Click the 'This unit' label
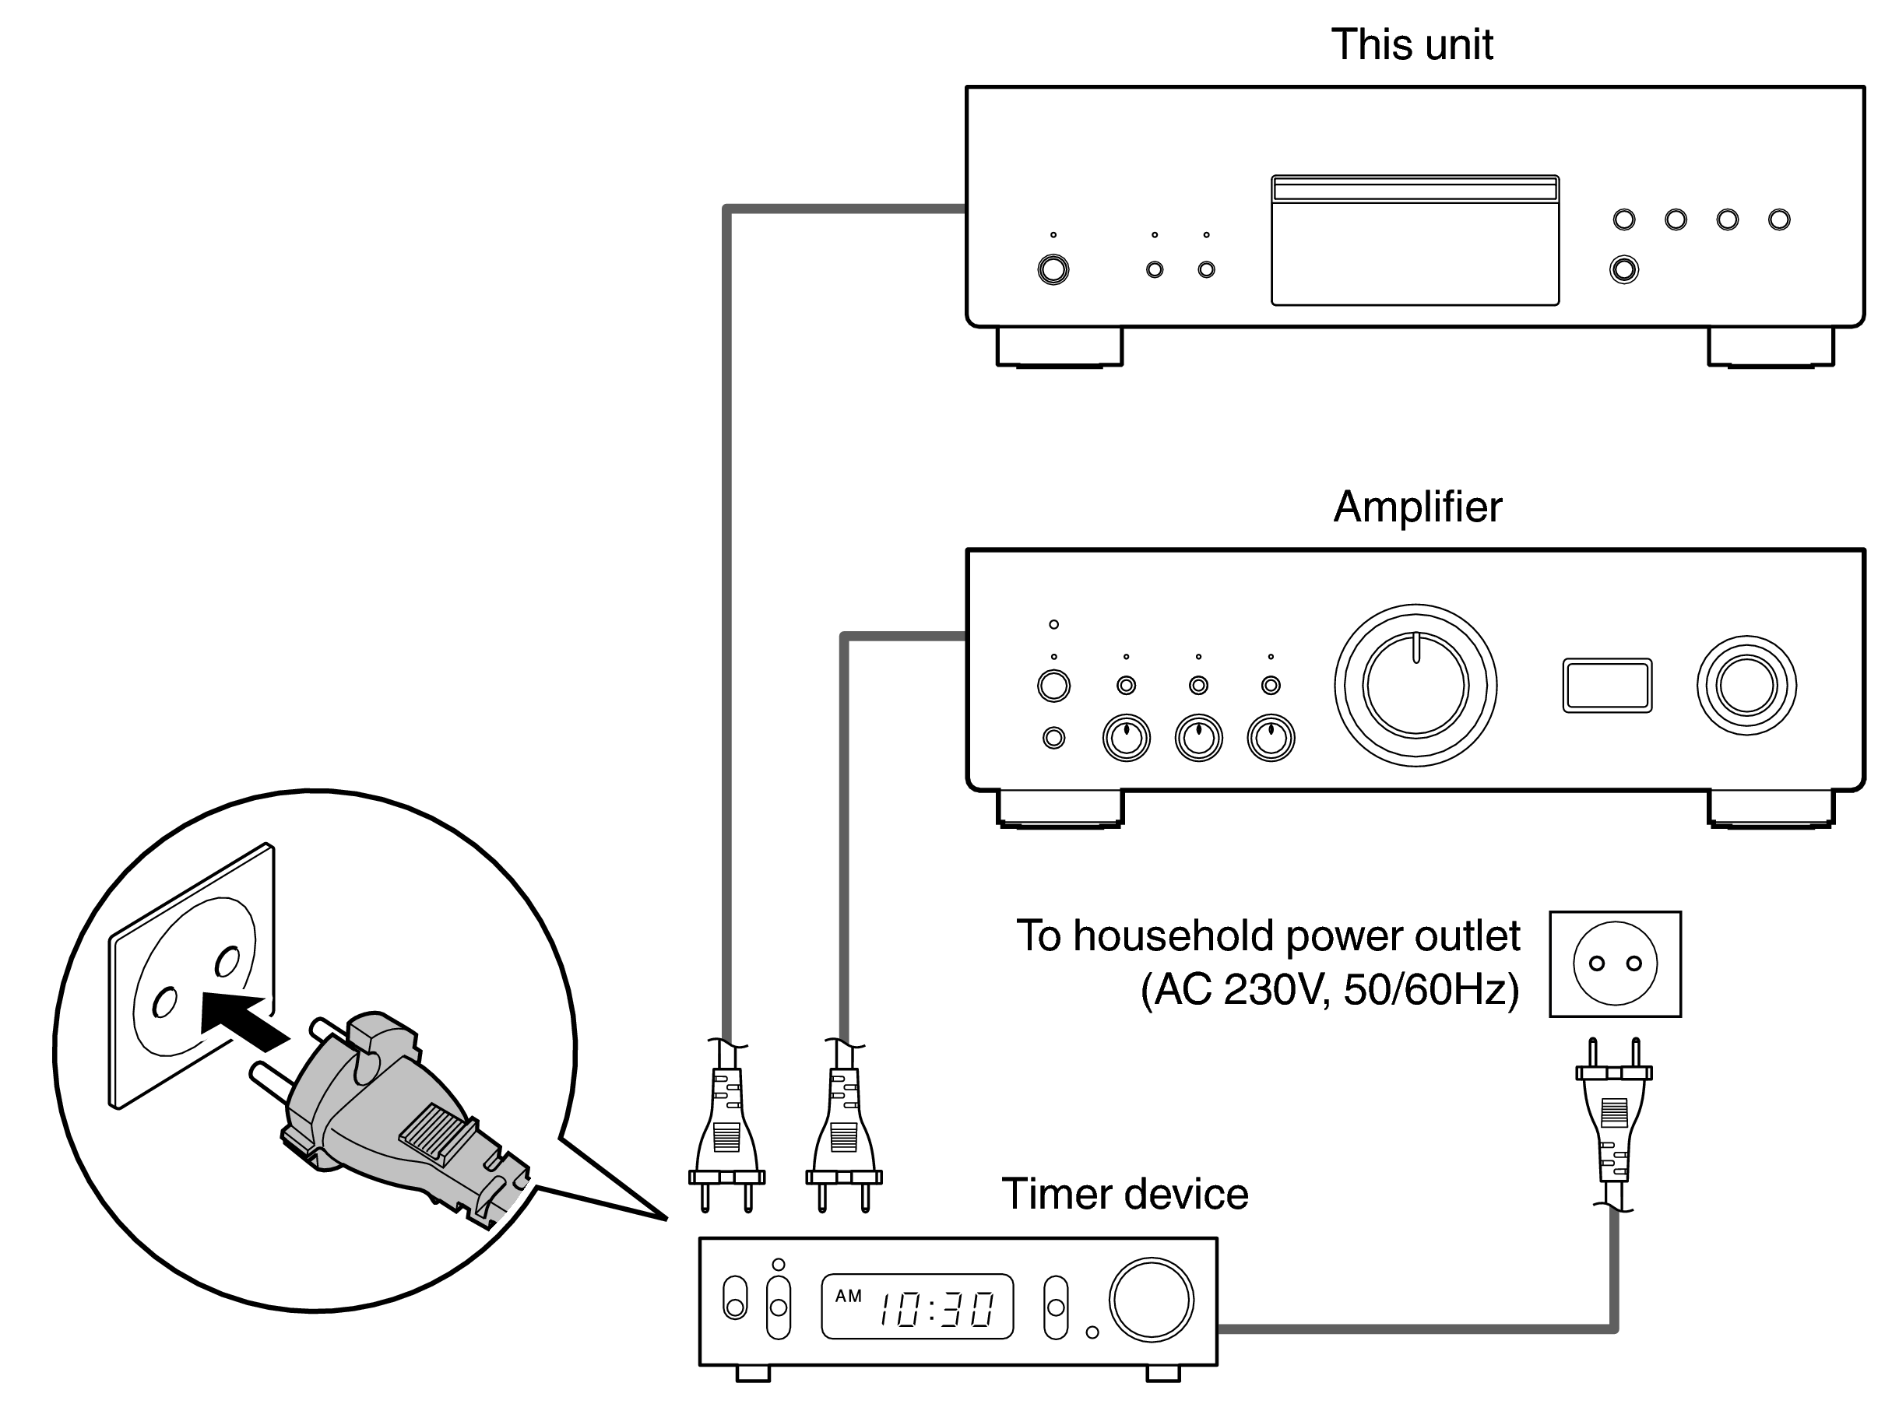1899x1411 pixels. tap(1412, 44)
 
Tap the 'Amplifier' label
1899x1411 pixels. tap(1416, 507)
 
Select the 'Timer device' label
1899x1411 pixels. tap(1124, 1194)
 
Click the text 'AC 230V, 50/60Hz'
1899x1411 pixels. tap(1330, 990)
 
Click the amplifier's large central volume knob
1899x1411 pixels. tap(1415, 685)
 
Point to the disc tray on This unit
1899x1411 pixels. tap(1415, 240)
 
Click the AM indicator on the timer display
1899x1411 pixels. tap(847, 1296)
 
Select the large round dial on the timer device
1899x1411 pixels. tap(1151, 1299)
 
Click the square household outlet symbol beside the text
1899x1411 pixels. tap(1615, 963)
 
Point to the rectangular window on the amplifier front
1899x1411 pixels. tap(1607, 685)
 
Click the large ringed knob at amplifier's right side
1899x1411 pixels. tap(1746, 685)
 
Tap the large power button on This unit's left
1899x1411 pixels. tap(1053, 270)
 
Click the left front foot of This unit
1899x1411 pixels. tap(1059, 347)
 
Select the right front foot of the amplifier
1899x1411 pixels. tap(1771, 808)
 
